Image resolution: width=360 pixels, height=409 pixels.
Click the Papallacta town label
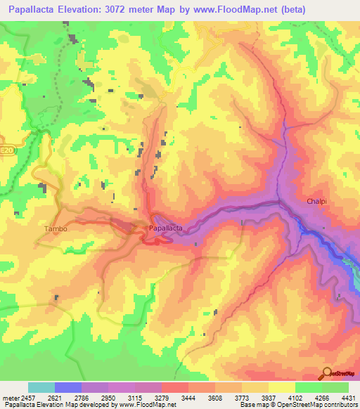click(x=166, y=228)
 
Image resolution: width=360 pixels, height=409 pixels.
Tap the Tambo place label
click(x=54, y=228)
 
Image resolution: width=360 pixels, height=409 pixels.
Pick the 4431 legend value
click(x=347, y=397)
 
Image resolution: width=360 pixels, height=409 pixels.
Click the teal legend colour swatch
click(x=41, y=387)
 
